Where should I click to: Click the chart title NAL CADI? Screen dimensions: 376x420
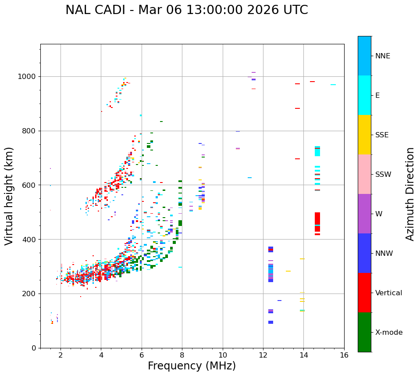[186, 10]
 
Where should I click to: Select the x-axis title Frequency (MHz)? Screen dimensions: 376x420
[192, 366]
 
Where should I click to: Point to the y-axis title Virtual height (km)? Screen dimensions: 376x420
[9, 196]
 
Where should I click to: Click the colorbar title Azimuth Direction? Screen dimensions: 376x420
[410, 193]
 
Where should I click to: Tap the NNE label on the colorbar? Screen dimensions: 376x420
[382, 56]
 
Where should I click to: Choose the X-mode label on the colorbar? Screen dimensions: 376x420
[388, 333]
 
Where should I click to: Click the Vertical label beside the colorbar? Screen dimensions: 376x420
[388, 293]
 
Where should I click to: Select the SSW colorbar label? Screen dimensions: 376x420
[383, 175]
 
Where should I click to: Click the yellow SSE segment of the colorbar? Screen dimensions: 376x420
[364, 135]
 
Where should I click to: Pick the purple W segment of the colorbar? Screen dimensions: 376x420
[364, 214]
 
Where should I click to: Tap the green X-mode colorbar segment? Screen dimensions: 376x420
[364, 332]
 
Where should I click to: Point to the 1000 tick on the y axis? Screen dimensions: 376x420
[28, 77]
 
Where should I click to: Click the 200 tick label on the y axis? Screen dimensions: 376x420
[30, 294]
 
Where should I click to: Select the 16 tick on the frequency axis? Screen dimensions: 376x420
[344, 355]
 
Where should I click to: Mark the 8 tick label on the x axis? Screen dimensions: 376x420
[182, 355]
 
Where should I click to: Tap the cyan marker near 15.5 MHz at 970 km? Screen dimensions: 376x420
[333, 85]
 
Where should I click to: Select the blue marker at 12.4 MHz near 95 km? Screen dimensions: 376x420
[271, 322]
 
